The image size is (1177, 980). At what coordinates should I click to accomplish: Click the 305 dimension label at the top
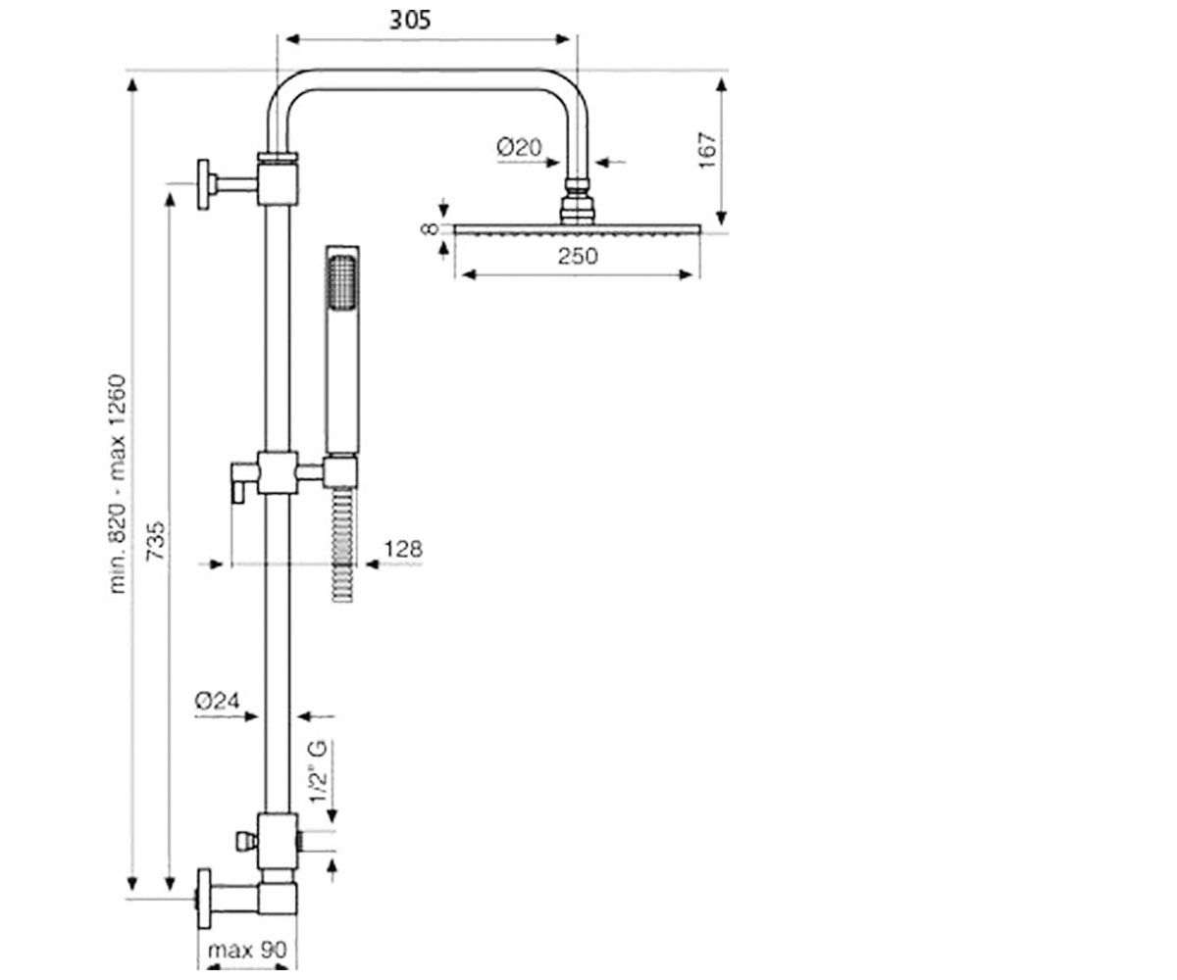click(410, 21)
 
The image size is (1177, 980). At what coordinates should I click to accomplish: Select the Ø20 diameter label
click(519, 148)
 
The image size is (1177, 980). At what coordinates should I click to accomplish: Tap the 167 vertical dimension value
click(707, 150)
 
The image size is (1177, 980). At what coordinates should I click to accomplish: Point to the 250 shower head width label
click(578, 256)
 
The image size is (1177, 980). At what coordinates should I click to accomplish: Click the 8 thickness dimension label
click(431, 228)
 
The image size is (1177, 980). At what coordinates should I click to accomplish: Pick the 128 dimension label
click(403, 549)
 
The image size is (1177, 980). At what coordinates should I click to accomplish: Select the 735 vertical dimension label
click(156, 541)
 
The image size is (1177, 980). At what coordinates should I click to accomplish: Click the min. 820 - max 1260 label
click(118, 484)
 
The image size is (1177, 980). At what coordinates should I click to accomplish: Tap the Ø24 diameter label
click(217, 702)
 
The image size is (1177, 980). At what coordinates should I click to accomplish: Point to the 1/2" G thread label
click(318, 772)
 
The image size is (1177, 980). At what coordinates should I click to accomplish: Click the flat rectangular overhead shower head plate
click(578, 229)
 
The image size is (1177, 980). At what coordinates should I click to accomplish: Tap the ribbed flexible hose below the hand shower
click(342, 545)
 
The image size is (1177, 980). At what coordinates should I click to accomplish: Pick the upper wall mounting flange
click(203, 184)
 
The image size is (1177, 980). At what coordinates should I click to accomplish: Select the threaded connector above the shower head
click(578, 201)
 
